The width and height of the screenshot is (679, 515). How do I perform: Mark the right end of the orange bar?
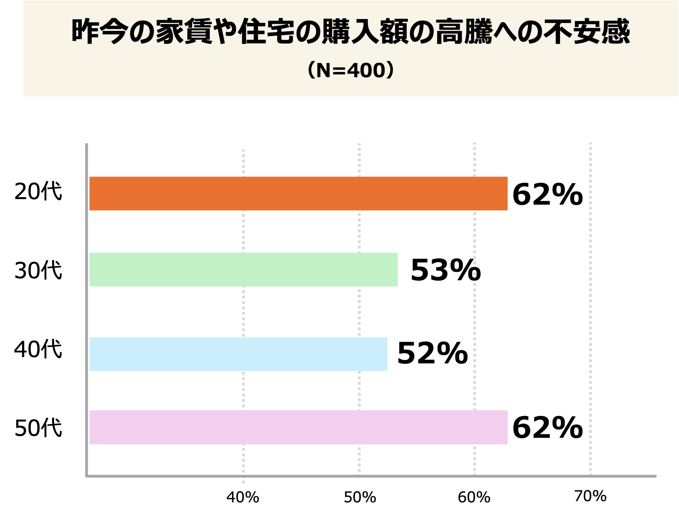point(507,194)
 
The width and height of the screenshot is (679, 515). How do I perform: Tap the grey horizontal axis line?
point(372,476)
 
